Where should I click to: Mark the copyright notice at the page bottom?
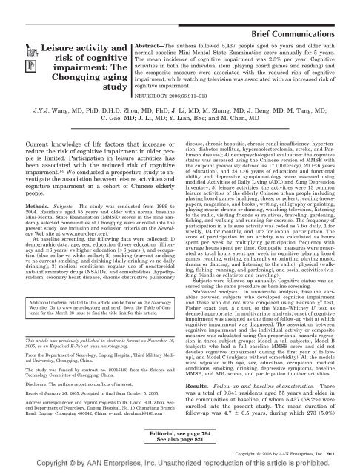(x=180, y=467)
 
